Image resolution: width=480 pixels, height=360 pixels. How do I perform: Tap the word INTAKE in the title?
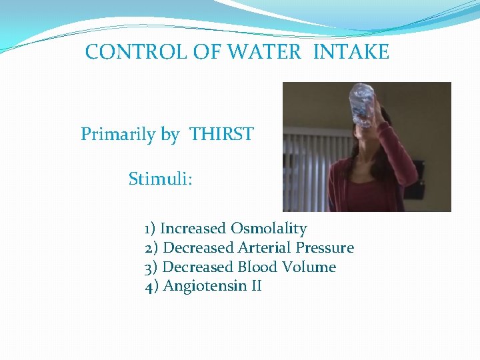(x=351, y=52)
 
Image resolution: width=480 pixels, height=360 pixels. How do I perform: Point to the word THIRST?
(x=221, y=135)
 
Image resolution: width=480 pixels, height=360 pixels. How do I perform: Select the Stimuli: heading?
(x=161, y=179)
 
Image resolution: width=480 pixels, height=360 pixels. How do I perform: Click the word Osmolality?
(x=269, y=229)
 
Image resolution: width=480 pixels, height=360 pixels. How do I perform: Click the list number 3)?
(x=151, y=267)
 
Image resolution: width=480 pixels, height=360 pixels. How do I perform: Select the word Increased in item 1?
(x=193, y=229)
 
